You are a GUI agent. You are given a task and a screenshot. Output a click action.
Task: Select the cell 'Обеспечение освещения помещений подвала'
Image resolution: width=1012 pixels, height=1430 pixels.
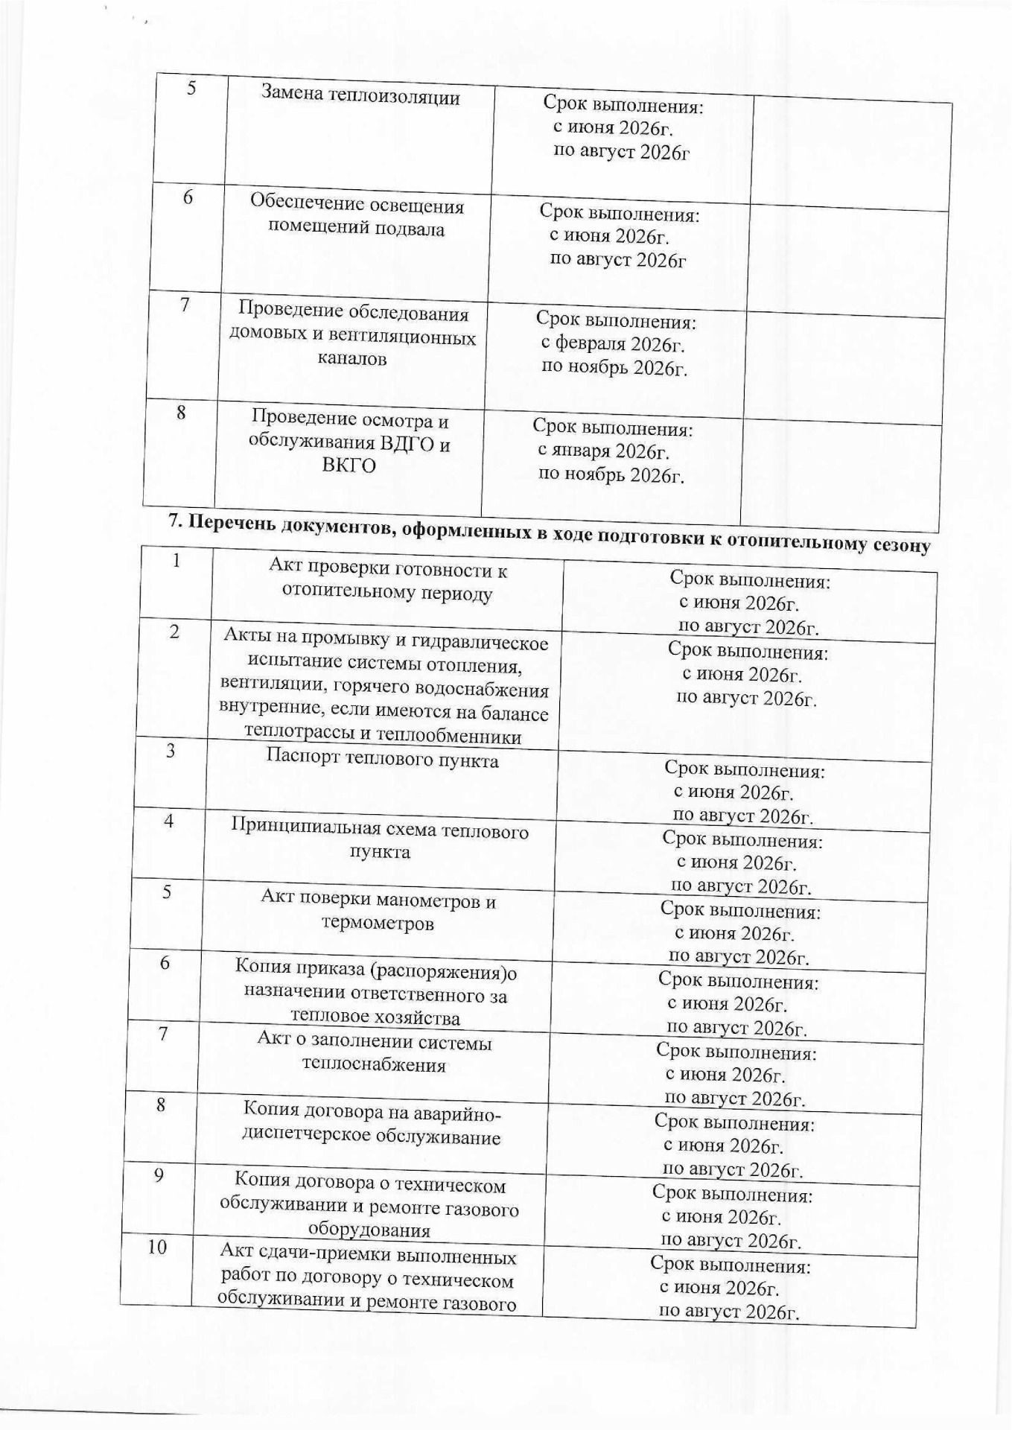coord(357,216)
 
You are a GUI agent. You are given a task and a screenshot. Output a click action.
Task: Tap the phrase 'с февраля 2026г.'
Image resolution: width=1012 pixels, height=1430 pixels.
coord(612,345)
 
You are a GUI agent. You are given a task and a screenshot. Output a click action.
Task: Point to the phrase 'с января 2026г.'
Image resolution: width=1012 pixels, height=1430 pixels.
coord(603,451)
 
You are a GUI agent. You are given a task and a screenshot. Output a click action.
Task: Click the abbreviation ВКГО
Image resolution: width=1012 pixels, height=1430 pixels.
coord(349,467)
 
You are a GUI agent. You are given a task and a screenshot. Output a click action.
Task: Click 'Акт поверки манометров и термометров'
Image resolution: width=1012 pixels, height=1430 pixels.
coord(378,912)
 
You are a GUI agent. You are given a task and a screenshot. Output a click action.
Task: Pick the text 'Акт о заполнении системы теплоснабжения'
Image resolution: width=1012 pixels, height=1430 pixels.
coord(374,1052)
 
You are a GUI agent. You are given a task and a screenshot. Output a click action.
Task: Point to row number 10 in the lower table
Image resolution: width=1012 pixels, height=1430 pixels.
coord(157,1247)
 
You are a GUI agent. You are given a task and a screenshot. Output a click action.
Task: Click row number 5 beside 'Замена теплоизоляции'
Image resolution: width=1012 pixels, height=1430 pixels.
coord(191,88)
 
